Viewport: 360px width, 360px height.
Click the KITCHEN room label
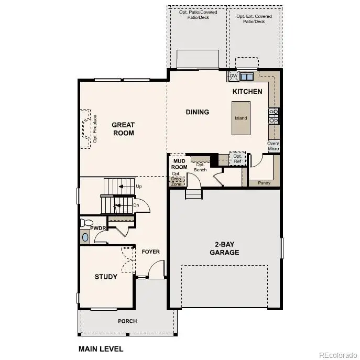point(247,92)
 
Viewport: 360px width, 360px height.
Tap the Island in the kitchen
point(241,118)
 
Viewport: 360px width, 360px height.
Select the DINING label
point(198,112)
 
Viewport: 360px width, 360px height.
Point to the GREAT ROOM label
point(123,129)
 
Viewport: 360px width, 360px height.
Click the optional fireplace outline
point(87,129)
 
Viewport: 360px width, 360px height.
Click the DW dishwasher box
point(233,77)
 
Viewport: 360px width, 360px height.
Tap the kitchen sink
point(246,77)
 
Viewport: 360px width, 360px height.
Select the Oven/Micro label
point(274,146)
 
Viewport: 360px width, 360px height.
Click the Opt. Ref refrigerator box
point(237,158)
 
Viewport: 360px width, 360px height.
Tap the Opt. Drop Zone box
point(177,179)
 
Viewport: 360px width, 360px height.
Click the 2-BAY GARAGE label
point(226,248)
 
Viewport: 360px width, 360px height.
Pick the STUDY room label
point(106,277)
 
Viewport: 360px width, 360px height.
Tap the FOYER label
point(150,252)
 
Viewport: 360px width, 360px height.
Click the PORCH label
point(127,321)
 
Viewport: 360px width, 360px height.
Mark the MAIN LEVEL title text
point(101,348)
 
